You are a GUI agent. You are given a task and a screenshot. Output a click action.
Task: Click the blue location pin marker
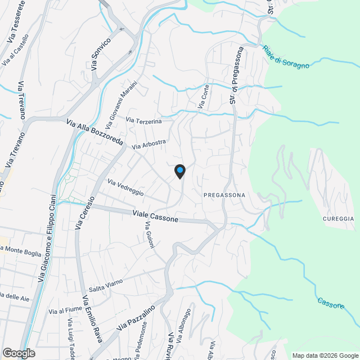(x=179, y=171)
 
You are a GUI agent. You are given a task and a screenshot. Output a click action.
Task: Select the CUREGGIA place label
(x=338, y=218)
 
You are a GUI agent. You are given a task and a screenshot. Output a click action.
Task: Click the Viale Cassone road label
(x=156, y=216)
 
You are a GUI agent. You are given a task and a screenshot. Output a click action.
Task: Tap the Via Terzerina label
(x=143, y=120)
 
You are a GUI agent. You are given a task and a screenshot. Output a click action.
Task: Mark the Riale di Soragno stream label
(x=286, y=57)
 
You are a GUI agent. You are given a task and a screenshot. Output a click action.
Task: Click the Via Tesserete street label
(x=17, y=23)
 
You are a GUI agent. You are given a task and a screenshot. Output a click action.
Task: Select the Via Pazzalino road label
(x=136, y=319)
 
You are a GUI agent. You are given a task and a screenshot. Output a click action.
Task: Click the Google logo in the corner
(x=19, y=353)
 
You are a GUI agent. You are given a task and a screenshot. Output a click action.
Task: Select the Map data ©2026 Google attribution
(x=325, y=355)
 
